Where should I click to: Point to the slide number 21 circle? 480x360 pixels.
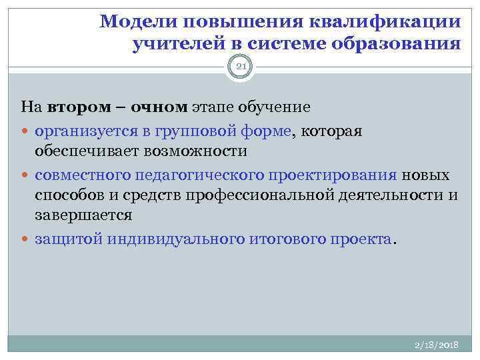240,66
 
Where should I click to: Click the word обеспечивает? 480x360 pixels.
89,151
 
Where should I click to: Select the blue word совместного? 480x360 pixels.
83,174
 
